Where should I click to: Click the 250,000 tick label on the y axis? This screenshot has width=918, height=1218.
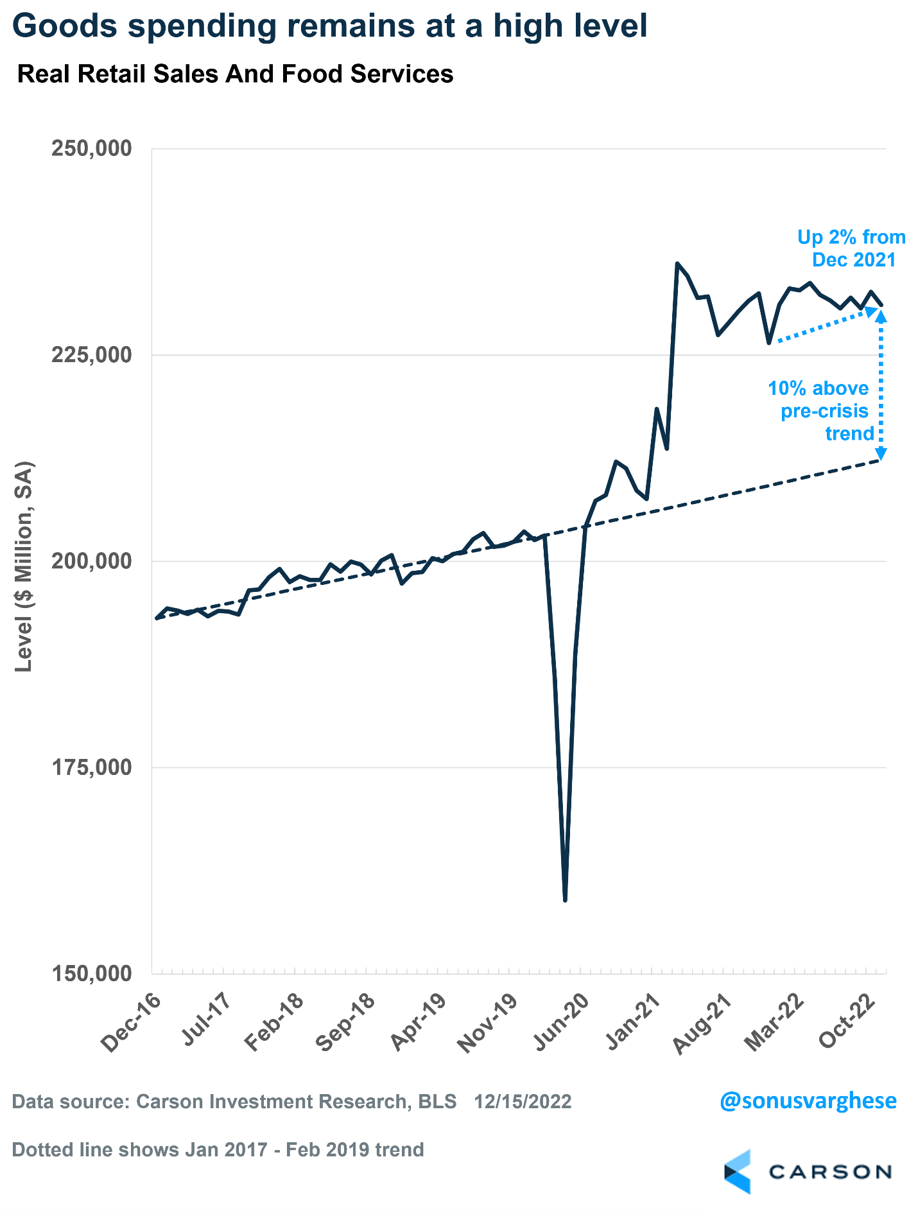coord(91,148)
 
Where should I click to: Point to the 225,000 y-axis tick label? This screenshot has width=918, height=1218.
coord(91,354)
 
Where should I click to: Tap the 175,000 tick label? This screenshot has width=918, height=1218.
coord(91,767)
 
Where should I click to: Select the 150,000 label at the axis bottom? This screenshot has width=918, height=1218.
coord(91,973)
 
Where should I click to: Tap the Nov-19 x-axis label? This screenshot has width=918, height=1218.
coord(487,1024)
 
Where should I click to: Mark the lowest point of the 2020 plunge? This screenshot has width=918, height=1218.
coord(565,900)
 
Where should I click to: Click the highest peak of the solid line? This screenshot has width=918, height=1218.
coord(677,263)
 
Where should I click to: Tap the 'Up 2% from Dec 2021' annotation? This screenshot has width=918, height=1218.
coord(851,248)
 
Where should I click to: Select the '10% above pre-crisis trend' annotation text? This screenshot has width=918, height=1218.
coord(820,411)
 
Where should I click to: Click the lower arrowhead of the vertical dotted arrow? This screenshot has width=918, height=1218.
coord(881,454)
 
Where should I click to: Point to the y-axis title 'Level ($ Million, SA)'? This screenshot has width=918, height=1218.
coord(24,566)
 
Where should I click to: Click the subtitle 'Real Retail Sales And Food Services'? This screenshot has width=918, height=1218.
coord(235,74)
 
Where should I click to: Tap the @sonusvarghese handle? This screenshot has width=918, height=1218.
coord(808,1101)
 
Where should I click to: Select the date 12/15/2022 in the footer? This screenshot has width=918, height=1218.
coord(523,1102)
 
